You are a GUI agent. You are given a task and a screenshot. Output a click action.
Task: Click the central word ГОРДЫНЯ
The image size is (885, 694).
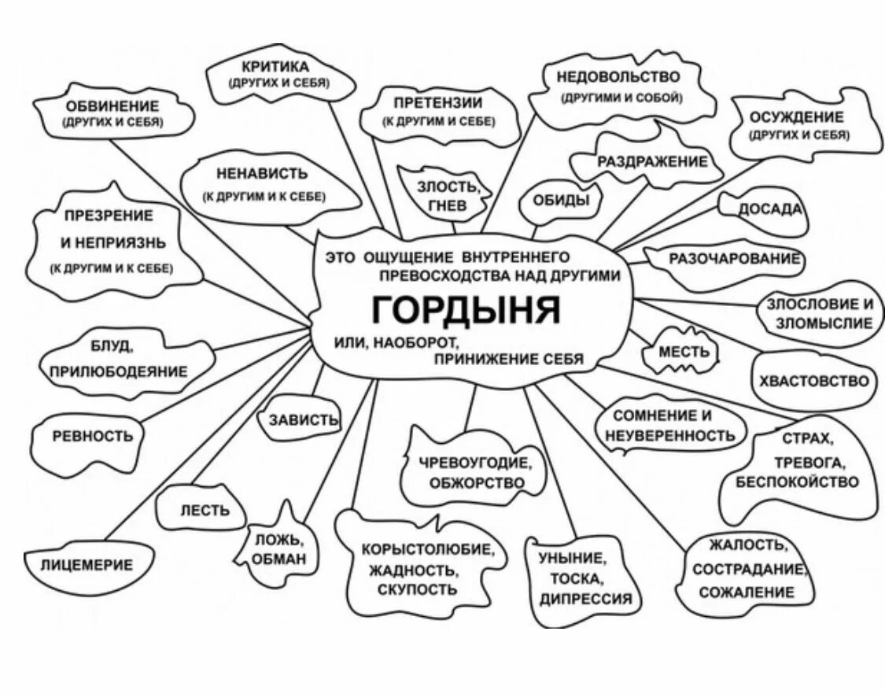(466, 310)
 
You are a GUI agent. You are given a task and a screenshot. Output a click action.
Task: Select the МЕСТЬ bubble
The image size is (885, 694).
(684, 353)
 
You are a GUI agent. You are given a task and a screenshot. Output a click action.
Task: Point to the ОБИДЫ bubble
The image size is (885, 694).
(561, 200)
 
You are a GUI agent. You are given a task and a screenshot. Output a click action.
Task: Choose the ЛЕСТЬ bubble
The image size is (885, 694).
(205, 510)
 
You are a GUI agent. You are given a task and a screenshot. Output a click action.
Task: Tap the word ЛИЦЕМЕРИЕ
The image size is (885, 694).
(87, 564)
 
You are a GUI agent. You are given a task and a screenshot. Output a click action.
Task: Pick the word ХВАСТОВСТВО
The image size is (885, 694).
(814, 382)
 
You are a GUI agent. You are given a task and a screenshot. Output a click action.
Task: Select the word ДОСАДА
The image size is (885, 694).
(769, 209)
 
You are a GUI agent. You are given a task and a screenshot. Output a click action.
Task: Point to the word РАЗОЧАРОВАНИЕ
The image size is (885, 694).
(735, 258)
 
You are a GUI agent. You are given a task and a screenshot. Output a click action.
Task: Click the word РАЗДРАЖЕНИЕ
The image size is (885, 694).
(652, 161)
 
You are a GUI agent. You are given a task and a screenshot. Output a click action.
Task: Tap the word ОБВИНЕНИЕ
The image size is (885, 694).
(112, 105)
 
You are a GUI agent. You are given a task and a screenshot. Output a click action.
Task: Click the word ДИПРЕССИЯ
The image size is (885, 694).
(586, 598)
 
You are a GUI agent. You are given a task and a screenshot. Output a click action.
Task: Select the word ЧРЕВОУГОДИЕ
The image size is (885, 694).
(476, 463)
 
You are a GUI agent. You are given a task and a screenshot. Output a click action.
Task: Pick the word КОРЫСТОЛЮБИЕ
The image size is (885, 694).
(427, 548)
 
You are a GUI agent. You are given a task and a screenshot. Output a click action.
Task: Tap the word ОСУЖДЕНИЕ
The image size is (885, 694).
(796, 117)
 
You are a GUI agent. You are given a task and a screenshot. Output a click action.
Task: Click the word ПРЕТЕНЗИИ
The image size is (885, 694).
(438, 102)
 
